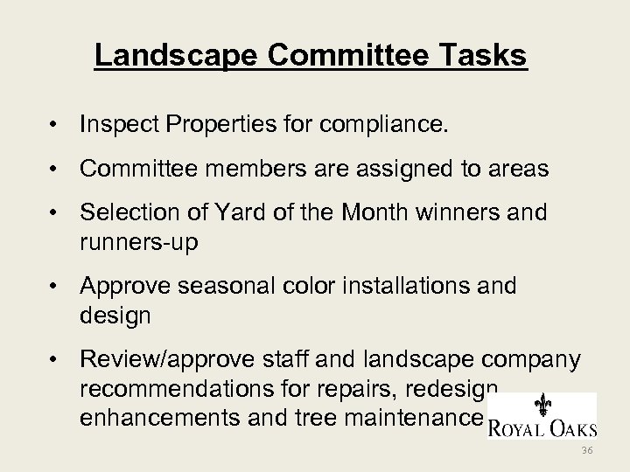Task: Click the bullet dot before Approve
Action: [x=55, y=286]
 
